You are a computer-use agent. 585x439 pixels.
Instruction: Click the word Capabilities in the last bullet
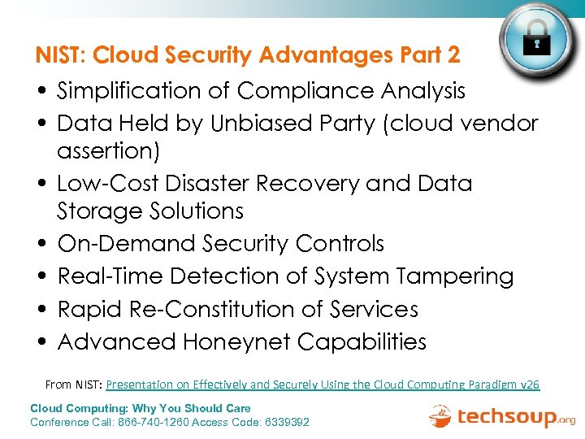coord(362,341)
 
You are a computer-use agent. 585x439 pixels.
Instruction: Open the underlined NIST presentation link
coord(323,385)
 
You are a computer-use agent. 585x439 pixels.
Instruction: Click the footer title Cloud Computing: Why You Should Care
coord(141,408)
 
